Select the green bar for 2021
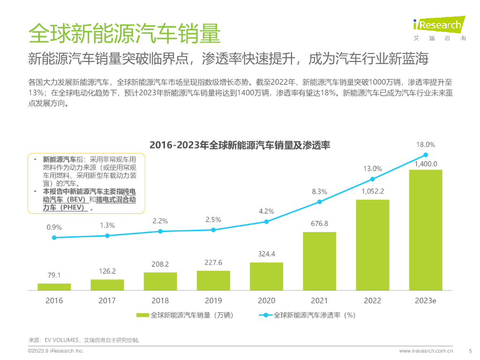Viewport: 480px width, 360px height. (319, 261)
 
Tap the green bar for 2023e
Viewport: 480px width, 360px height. (426, 230)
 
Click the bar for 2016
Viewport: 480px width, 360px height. (54, 287)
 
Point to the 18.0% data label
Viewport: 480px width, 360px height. (426, 145)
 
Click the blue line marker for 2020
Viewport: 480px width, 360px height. (266, 222)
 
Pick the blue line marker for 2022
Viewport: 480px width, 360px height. (373, 179)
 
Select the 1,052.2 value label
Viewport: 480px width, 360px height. (373, 191)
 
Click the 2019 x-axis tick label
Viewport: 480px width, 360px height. (213, 300)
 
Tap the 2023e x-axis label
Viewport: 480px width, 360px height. (426, 300)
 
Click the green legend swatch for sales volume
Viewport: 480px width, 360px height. (142, 315)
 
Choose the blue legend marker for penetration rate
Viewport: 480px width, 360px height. (265, 315)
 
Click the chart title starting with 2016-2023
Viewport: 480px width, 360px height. (240, 145)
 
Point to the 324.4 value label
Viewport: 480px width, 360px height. (266, 254)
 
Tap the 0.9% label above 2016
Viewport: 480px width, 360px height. (54, 227)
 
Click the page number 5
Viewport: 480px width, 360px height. (470, 351)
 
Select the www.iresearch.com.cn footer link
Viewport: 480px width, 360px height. (426, 351)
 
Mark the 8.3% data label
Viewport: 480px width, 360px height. (319, 191)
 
